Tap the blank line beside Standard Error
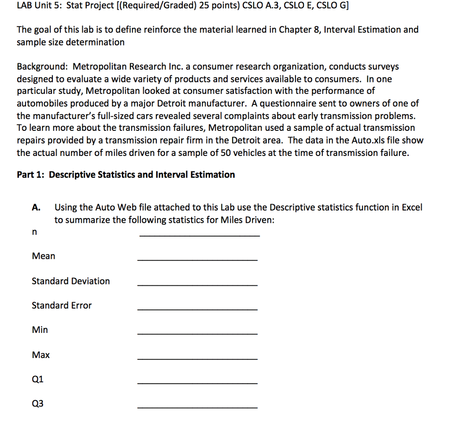pyautogui.click(x=197, y=310)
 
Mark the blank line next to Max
pyautogui.click(x=197, y=359)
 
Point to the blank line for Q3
pyautogui.click(x=197, y=408)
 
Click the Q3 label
pyautogui.click(x=38, y=403)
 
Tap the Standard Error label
pyautogui.click(x=62, y=305)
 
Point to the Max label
pyautogui.click(x=41, y=355)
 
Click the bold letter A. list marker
pyautogui.click(x=37, y=207)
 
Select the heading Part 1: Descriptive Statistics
pyautogui.click(x=126, y=175)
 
